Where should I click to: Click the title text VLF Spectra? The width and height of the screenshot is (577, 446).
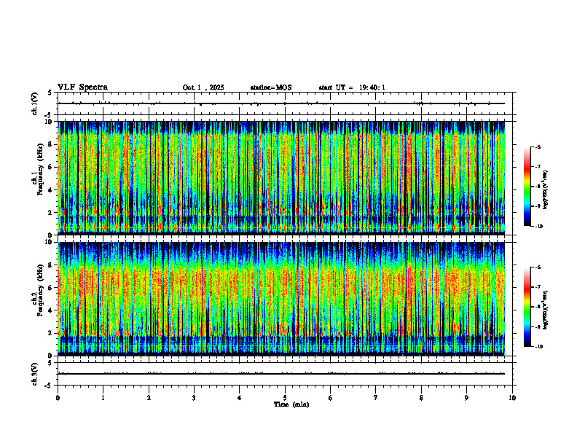pos(82,87)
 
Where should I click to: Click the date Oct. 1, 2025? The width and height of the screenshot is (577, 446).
pos(203,87)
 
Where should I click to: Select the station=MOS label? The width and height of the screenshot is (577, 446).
pos(271,87)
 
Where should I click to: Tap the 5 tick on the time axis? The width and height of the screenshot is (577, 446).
pos(285,398)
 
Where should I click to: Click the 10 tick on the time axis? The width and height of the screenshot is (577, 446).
pos(512,398)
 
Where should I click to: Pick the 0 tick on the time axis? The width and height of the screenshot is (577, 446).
pos(58,398)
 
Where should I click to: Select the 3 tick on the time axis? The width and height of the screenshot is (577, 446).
pos(194,398)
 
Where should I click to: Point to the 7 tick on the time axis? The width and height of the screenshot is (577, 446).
pos(376,398)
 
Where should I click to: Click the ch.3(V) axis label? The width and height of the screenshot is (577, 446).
pos(35,373)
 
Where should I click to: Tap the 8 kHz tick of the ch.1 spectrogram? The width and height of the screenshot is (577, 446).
pos(50,144)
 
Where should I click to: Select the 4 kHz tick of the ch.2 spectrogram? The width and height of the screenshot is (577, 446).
pos(50,310)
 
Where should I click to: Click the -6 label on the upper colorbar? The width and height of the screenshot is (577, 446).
pos(538,147)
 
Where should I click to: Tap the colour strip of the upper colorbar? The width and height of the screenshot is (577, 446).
pos(527,187)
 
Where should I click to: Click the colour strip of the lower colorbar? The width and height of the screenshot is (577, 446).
pos(527,307)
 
